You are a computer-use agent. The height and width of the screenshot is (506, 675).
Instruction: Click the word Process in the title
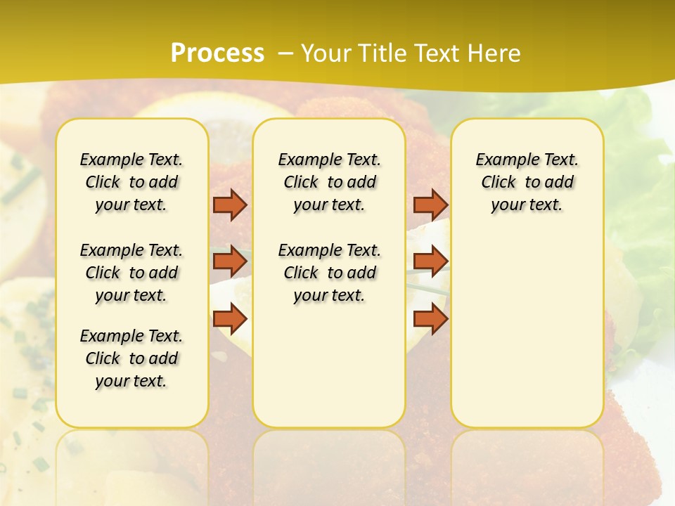pyautogui.click(x=217, y=53)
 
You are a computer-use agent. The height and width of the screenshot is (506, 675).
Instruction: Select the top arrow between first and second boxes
pyautogui.click(x=230, y=205)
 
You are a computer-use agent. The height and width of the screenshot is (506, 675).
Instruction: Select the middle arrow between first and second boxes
pyautogui.click(x=230, y=261)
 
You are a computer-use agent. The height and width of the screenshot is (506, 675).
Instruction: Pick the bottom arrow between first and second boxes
pyautogui.click(x=230, y=319)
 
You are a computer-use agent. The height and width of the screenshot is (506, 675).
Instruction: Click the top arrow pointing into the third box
pyautogui.click(x=430, y=205)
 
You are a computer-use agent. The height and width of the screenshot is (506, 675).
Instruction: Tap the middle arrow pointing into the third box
pyautogui.click(x=430, y=261)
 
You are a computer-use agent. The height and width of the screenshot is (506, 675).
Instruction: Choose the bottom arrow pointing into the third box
pyautogui.click(x=430, y=319)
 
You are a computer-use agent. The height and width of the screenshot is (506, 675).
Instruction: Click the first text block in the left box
pyautogui.click(x=131, y=182)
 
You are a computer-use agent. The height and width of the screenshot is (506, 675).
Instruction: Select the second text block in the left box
pyautogui.click(x=131, y=273)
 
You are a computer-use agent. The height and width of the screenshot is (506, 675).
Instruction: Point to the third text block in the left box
pyautogui.click(x=131, y=358)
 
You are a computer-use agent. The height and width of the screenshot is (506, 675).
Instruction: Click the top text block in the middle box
pyautogui.click(x=329, y=182)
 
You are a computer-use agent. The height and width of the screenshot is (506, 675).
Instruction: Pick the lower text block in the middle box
pyautogui.click(x=329, y=273)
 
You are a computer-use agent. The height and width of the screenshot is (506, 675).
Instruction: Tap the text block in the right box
pyautogui.click(x=527, y=182)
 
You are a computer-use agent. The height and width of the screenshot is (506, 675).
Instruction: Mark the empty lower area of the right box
pyautogui.click(x=527, y=323)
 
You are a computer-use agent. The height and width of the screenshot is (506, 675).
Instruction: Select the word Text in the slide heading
pyautogui.click(x=435, y=53)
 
